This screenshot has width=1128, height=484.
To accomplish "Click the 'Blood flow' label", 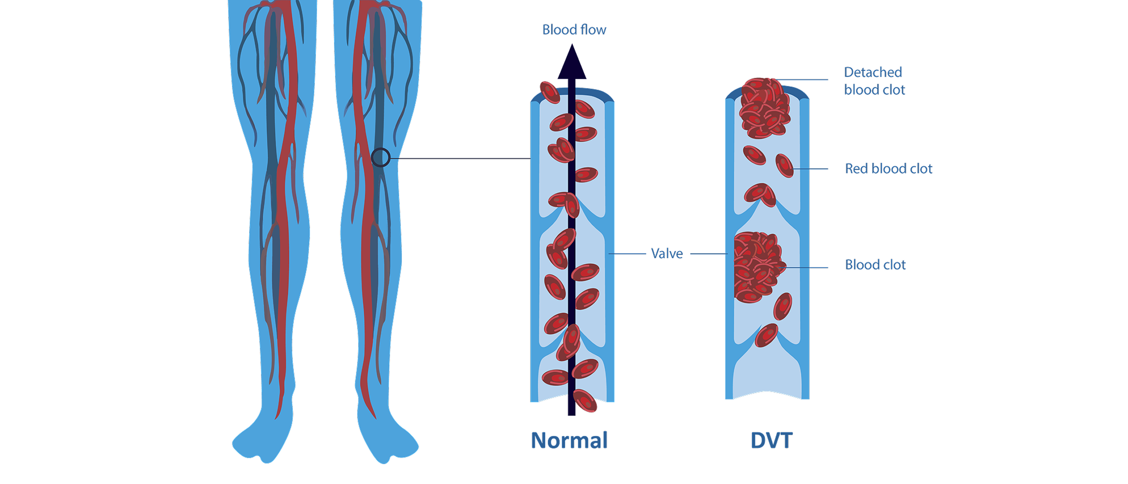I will pyautogui.click(x=574, y=30).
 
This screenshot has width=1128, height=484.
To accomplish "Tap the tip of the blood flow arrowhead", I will pyautogui.click(x=572, y=46).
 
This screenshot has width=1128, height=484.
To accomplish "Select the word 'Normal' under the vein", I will pyautogui.click(x=569, y=440).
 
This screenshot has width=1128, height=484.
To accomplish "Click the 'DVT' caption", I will pyautogui.click(x=771, y=440).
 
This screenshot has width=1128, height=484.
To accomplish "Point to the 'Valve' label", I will pyautogui.click(x=667, y=254).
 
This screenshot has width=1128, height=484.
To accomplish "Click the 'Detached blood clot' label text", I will pyautogui.click(x=874, y=81).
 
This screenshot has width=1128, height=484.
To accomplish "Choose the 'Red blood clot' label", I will pyautogui.click(x=888, y=169).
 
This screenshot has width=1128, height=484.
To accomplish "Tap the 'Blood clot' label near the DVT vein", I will pyautogui.click(x=875, y=265).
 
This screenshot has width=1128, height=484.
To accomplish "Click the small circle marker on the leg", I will pyautogui.click(x=381, y=157).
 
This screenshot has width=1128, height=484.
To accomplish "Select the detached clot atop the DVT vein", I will pyautogui.click(x=764, y=108).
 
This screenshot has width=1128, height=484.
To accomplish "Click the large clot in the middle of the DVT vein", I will pyautogui.click(x=757, y=267).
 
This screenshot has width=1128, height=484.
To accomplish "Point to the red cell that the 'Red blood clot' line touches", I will pyautogui.click(x=784, y=165).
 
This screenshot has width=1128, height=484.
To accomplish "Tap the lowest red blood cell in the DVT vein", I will pyautogui.click(x=766, y=335).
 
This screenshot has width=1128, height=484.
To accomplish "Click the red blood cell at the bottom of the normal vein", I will pyautogui.click(x=584, y=401).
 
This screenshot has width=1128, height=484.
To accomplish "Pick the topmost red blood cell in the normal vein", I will pyautogui.click(x=550, y=93).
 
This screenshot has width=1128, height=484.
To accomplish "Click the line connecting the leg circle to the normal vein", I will pyautogui.click(x=460, y=158).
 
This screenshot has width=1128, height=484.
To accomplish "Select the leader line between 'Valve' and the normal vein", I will pyautogui.click(x=627, y=254).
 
